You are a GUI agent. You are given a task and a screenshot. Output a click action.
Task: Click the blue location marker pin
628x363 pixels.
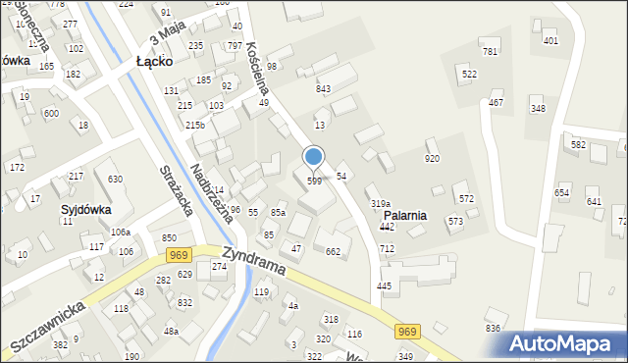point(314,157)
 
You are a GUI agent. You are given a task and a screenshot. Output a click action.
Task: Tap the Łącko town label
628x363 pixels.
point(154,61)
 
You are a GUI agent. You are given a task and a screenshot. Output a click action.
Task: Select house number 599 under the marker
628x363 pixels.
point(314,181)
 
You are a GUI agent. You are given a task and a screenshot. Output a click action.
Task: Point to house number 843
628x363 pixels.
point(323,89)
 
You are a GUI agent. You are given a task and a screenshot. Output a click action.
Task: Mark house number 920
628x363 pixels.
point(432,158)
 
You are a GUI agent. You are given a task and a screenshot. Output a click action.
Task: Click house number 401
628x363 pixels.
point(550,40)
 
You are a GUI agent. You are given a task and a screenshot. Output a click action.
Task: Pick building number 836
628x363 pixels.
point(493,328)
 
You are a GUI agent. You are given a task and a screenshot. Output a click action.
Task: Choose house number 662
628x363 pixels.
point(333,252)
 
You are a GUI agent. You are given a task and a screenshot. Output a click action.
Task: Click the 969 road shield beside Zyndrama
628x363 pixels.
point(178,255)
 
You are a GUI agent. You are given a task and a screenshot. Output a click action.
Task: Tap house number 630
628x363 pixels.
point(115,179)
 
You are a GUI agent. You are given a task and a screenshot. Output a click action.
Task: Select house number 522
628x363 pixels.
point(470,75)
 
